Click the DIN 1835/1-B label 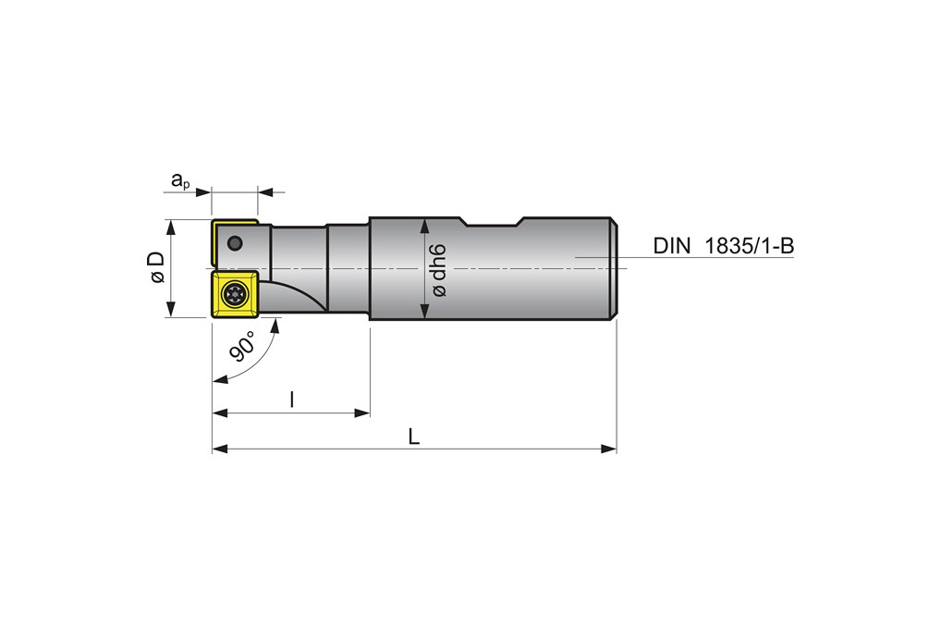point(723,245)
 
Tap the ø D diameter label point(156,267)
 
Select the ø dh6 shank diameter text point(439,269)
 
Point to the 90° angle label point(242,348)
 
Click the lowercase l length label point(292,400)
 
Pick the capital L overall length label point(414,437)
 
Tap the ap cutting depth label point(180,180)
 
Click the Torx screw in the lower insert point(234,295)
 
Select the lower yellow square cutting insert point(235,295)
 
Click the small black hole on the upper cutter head point(235,243)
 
